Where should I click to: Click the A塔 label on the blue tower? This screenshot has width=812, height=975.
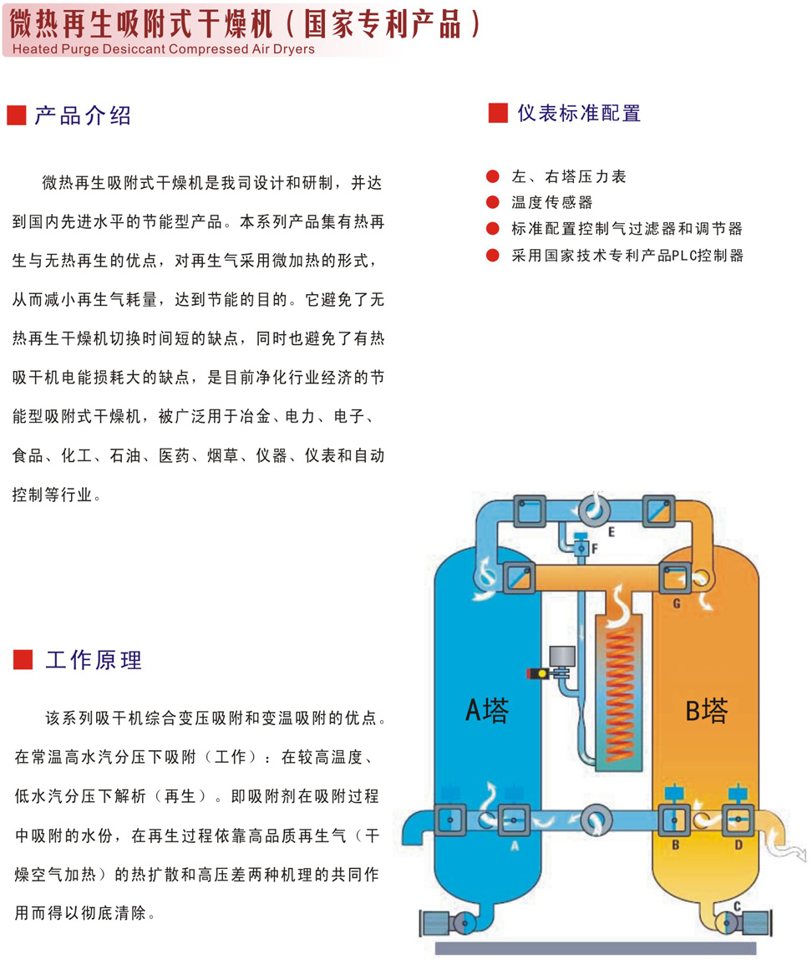[486, 710]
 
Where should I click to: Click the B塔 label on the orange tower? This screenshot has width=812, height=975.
[707, 710]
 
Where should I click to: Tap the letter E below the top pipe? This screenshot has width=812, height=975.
[612, 531]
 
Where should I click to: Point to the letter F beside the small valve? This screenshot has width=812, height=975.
[595, 548]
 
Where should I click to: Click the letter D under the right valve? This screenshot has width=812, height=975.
[738, 845]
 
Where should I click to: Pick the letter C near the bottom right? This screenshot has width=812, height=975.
[737, 905]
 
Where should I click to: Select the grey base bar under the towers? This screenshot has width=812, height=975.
[595, 948]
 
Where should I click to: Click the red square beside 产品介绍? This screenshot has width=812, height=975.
[17, 116]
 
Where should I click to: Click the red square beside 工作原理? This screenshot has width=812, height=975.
[23, 660]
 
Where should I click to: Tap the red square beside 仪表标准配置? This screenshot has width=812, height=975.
[498, 113]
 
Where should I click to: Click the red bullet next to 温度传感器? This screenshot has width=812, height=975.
[493, 202]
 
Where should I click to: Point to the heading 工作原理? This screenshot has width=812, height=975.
[94, 660]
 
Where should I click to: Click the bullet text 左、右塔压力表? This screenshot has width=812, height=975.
[568, 177]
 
